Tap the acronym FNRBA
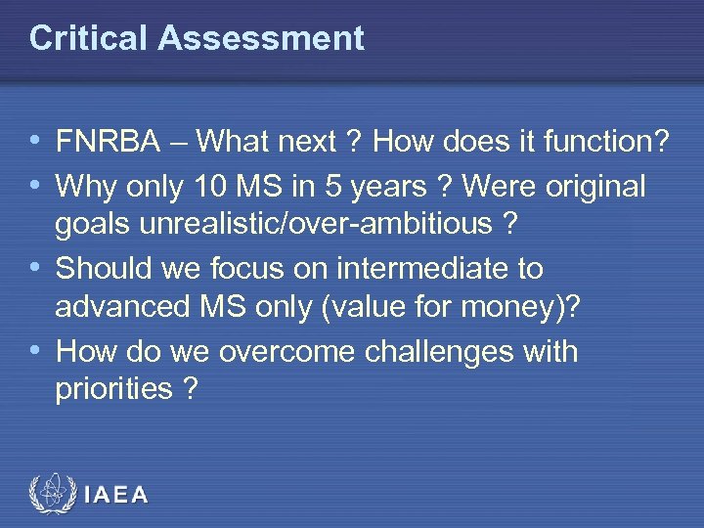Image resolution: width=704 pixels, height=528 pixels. click(109, 144)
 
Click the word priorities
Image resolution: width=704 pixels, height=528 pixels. click(113, 390)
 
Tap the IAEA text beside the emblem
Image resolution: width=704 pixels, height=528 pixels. click(116, 495)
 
